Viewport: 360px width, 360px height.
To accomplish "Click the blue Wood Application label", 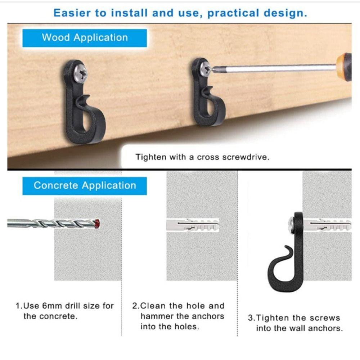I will point(85,38).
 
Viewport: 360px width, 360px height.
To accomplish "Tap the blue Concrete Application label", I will point(85,186).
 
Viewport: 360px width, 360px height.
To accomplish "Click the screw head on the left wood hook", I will point(80,73).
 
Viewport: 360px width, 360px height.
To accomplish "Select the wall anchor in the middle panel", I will point(193,225).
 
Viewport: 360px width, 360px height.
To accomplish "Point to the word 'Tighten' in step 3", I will point(272,318).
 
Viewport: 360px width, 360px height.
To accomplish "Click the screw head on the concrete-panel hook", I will point(291,225).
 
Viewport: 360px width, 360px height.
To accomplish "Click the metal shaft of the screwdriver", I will point(274,68).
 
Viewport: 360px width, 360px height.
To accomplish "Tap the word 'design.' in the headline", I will point(289,13).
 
